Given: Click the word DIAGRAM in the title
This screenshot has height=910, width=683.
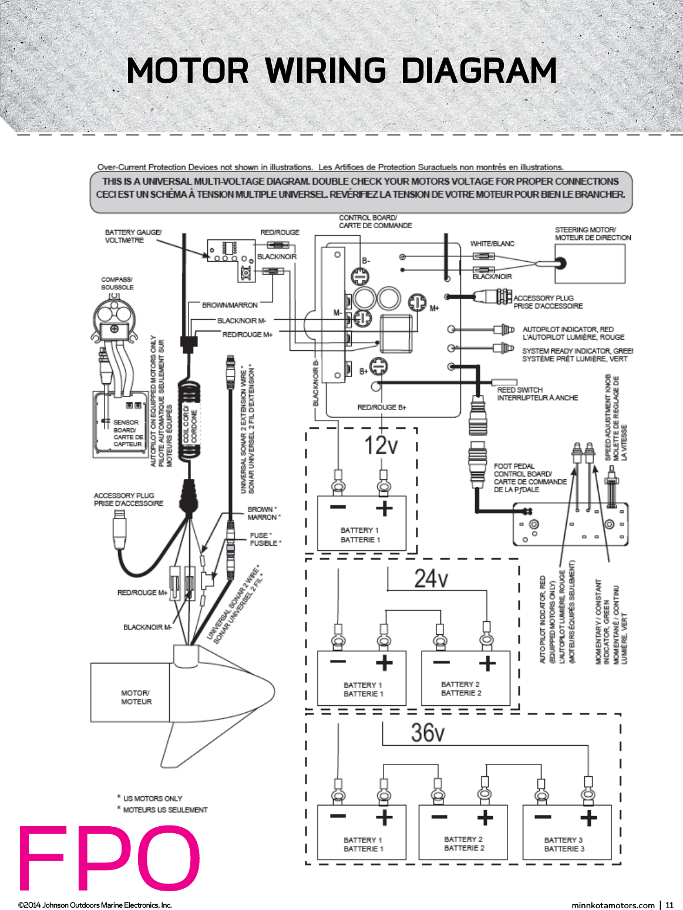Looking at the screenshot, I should (x=479, y=71).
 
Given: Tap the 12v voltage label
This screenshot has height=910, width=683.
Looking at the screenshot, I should (x=381, y=445).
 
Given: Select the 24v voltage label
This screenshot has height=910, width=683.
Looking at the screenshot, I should (x=430, y=579).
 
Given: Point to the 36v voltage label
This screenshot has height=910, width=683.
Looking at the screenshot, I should (x=428, y=733).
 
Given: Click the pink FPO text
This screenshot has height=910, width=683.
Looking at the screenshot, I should (x=109, y=858).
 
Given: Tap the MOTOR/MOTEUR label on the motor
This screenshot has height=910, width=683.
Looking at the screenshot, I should (x=136, y=697).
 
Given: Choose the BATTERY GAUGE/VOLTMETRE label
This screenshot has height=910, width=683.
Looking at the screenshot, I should (x=133, y=236).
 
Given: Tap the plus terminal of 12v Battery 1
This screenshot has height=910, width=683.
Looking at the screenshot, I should (x=384, y=508).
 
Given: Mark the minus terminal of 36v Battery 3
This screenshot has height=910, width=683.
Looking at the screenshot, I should (x=543, y=817).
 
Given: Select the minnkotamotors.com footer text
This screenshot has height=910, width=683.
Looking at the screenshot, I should (x=613, y=905).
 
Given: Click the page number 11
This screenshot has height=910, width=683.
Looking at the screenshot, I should (x=669, y=905).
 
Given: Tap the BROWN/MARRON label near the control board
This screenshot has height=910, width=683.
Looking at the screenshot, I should (x=230, y=305).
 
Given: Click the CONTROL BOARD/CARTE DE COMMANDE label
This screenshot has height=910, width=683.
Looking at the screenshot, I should (x=375, y=221).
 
